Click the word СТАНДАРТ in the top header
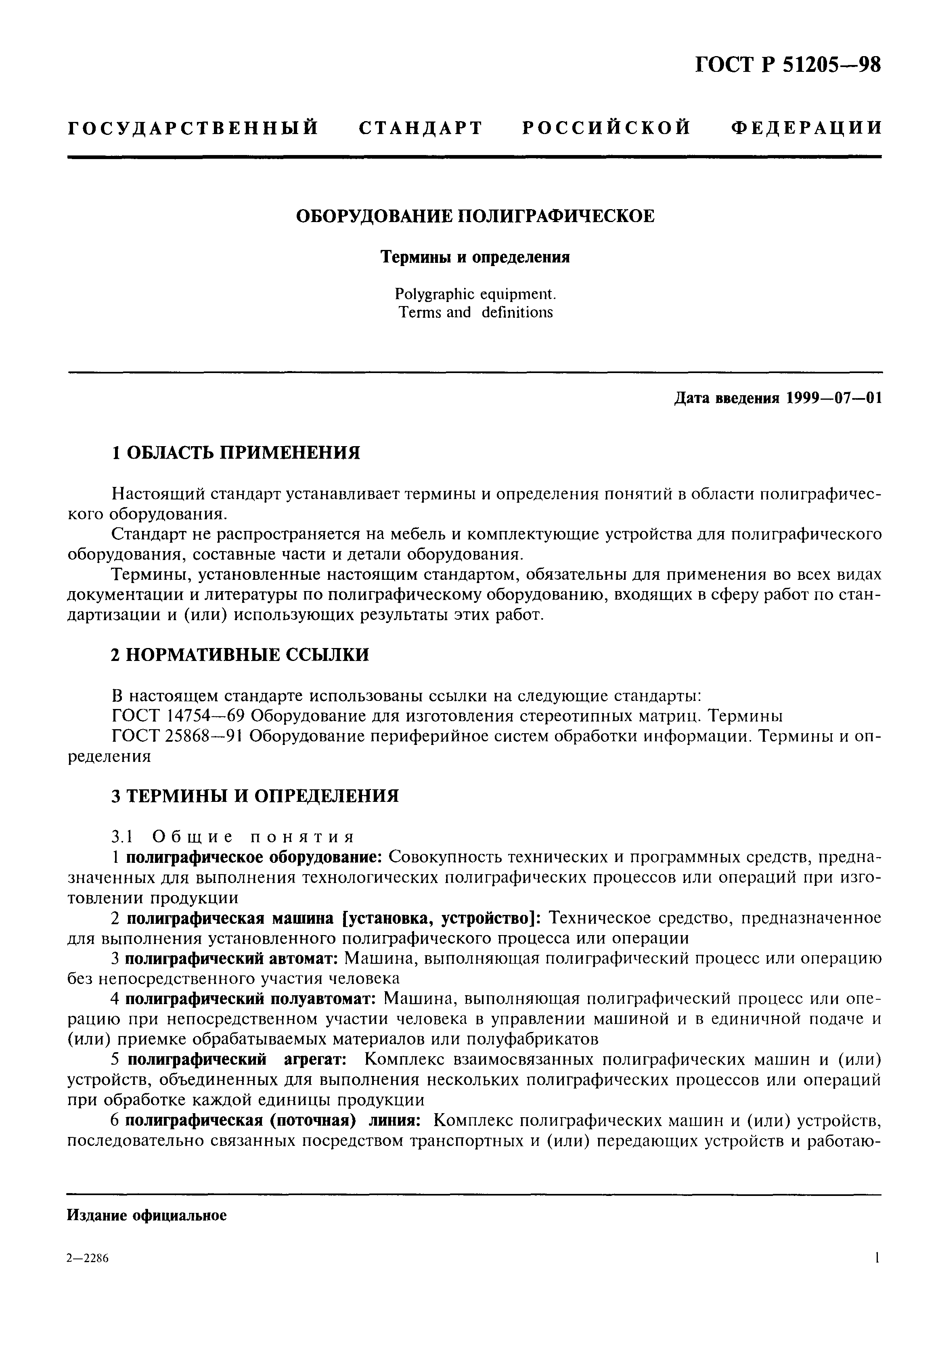tap(420, 128)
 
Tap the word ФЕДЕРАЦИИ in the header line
tap(806, 128)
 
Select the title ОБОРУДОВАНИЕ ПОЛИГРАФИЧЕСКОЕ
tap(474, 216)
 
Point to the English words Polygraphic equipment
tap(475, 294)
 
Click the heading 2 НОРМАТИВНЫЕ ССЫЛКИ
tap(240, 655)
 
